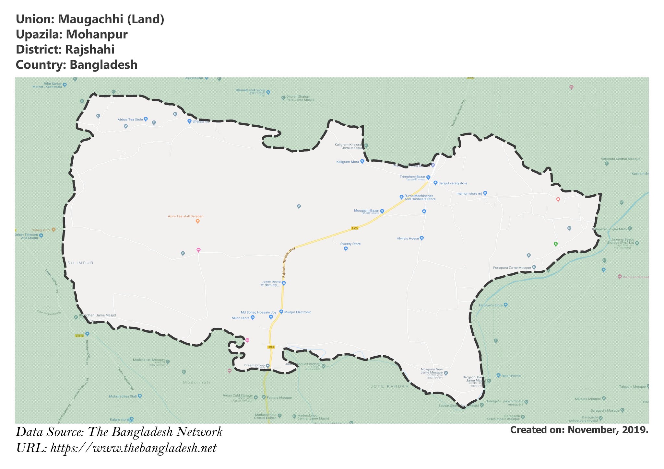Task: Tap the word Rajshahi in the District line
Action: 89,50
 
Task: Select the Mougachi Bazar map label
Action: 366,211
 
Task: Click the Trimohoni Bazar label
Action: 412,177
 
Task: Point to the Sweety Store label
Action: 350,244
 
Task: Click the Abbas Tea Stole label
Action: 130,120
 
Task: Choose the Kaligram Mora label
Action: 348,162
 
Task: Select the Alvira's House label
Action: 408,238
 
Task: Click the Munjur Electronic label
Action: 298,312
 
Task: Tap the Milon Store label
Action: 241,318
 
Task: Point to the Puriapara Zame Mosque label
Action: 512,268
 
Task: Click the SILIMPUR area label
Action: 80,263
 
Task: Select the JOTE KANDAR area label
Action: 390,386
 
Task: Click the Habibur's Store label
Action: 491,305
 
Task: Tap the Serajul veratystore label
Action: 453,183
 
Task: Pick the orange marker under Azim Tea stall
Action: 197,222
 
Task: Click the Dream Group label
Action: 255,365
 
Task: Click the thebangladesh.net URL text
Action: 133,449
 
